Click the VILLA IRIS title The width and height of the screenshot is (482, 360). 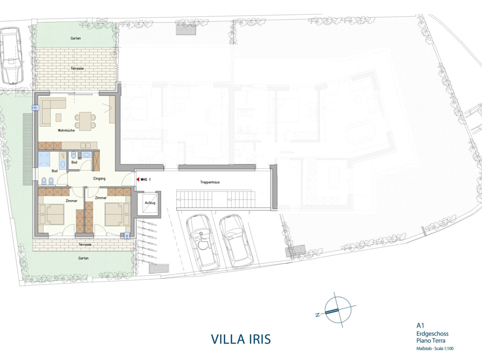(x=241, y=339)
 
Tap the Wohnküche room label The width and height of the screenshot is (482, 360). (x=66, y=130)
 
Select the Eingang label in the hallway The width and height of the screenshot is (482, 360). (x=99, y=179)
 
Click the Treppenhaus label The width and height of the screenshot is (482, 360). (x=210, y=182)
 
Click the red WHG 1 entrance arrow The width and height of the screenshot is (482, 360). (x=138, y=179)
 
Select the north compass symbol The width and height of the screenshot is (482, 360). (x=337, y=310)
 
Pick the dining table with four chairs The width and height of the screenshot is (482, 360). (x=85, y=121)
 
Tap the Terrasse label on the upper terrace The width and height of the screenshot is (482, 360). (x=77, y=69)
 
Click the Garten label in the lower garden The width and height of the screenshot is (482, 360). (x=83, y=259)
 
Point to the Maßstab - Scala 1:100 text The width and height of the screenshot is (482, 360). (x=435, y=348)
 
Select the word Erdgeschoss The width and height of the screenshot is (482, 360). (x=432, y=334)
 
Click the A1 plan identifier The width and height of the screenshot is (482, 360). (x=420, y=325)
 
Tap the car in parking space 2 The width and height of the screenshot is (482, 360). (x=236, y=241)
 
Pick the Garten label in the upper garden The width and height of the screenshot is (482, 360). (x=76, y=38)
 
